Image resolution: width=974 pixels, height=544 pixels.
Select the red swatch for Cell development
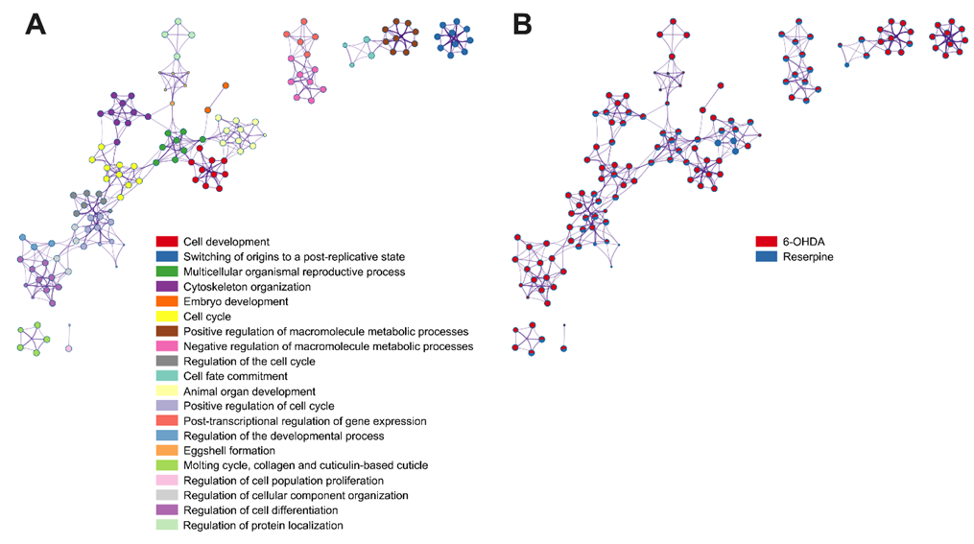(167, 241)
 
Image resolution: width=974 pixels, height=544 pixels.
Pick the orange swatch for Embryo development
(167, 302)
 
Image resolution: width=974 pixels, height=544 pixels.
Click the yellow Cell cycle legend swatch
(167, 317)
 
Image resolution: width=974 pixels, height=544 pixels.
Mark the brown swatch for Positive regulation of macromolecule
(167, 332)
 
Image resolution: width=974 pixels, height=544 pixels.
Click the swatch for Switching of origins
(167, 256)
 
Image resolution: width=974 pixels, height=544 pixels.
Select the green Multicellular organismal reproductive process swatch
(167, 272)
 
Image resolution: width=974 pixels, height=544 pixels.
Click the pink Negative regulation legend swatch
(167, 346)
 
